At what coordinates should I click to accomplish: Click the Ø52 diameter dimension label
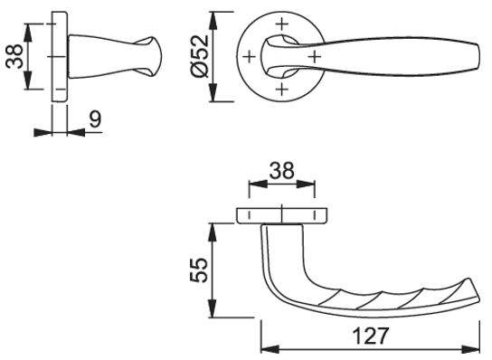200,56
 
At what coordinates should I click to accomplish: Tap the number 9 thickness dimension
95,119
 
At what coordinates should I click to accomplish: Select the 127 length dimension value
371,336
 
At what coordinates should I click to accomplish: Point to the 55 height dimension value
199,270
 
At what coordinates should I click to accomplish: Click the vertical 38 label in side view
14,56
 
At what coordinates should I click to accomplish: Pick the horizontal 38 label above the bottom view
282,170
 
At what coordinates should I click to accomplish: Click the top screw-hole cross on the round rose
282,24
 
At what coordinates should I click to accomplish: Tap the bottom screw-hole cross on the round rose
282,90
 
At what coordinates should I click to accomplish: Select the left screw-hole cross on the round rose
250,57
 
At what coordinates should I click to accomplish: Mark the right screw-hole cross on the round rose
315,57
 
